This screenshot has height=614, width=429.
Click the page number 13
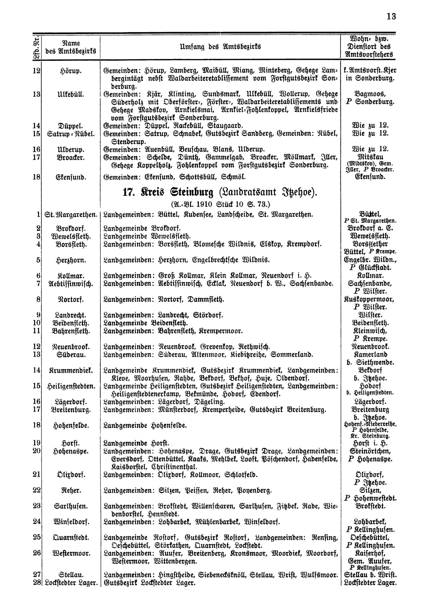(391, 16)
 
